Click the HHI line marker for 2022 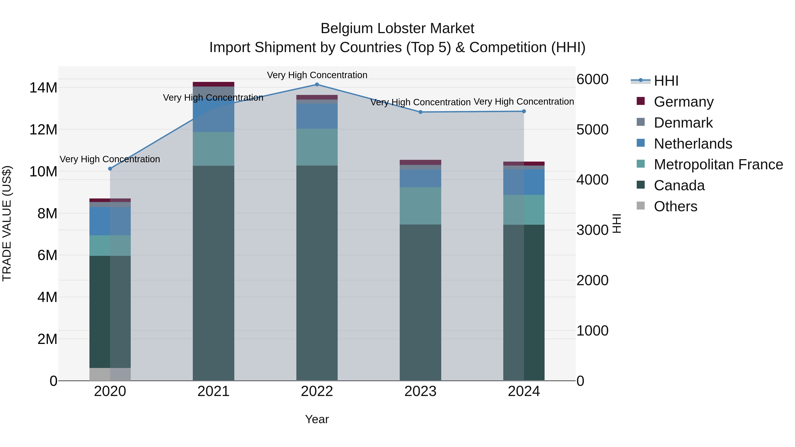(317, 85)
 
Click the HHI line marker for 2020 (110, 169)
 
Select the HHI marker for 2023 (420, 112)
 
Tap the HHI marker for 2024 (524, 111)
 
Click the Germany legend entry (683, 102)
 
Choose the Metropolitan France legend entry (718, 164)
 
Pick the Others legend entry (675, 206)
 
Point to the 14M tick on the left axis (43, 88)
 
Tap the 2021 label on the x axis (213, 391)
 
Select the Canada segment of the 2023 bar (420, 302)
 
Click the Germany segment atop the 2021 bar (213, 84)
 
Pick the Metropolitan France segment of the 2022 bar (317, 147)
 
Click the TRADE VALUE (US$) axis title (7, 224)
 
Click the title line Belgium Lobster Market (397, 28)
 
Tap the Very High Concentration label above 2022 (317, 75)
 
